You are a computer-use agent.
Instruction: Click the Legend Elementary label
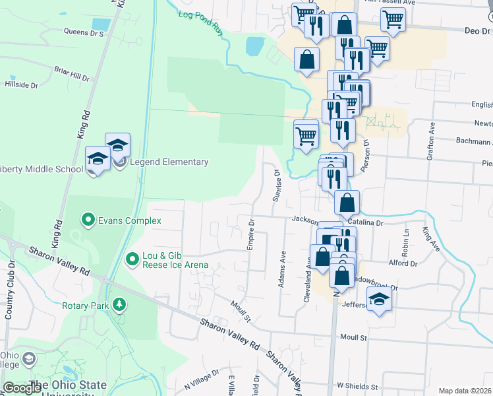(169, 162)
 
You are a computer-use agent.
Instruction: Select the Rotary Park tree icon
(119, 305)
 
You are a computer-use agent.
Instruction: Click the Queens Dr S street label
(84, 31)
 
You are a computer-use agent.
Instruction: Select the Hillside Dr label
(22, 85)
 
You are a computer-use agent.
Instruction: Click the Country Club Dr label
(10, 290)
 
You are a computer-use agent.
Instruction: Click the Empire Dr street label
(251, 235)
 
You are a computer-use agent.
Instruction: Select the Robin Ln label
(405, 244)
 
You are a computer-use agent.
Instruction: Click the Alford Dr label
(403, 263)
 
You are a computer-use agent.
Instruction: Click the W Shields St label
(357, 386)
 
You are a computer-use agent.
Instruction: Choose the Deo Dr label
(477, 31)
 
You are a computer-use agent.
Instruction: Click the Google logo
(22, 388)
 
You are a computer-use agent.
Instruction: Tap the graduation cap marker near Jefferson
(379, 301)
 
